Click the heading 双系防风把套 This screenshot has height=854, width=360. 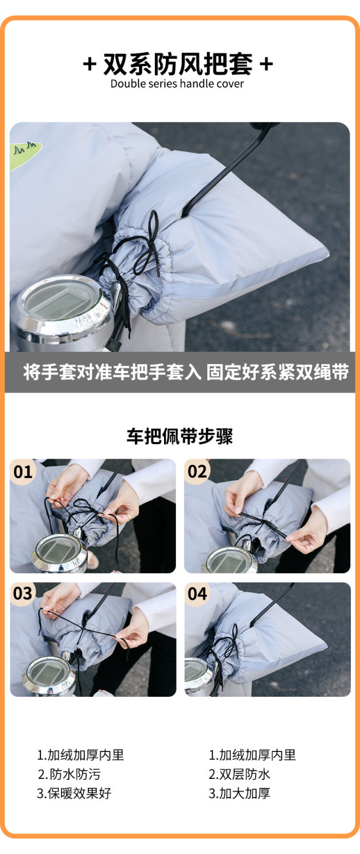click(177, 64)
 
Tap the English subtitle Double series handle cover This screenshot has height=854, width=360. click(177, 84)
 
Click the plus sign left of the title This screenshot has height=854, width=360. click(89, 64)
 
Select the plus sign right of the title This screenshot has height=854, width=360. click(266, 64)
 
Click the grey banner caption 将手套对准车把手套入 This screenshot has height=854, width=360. click(112, 372)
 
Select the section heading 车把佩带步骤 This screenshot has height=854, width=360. click(179, 436)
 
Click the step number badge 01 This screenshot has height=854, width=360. click(23, 472)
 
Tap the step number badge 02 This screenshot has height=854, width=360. click(197, 472)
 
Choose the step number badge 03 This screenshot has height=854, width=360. click(23, 594)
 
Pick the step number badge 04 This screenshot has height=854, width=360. click(197, 594)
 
